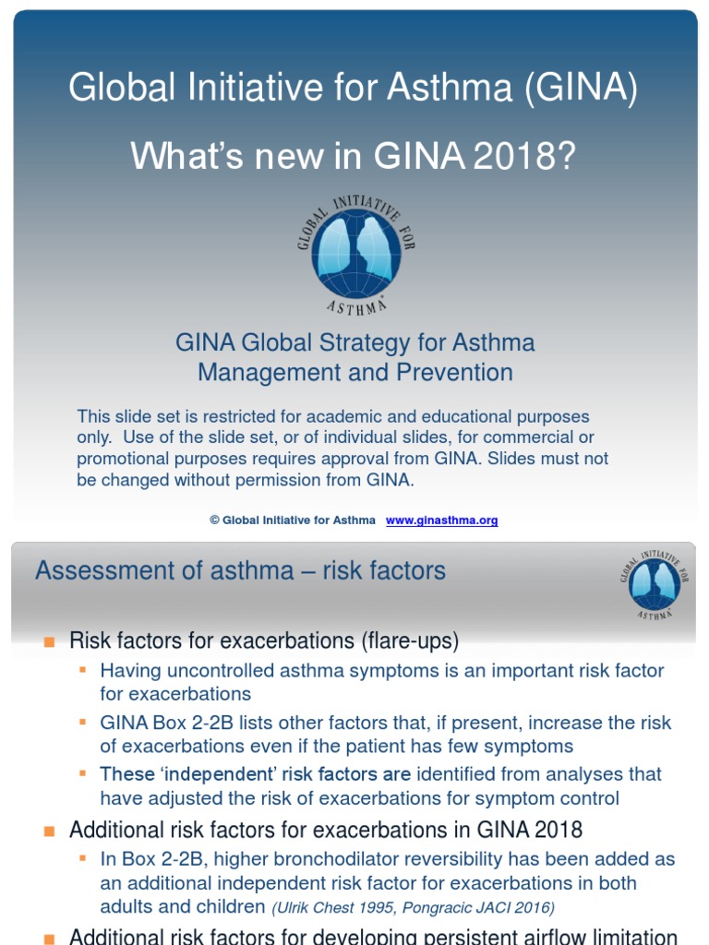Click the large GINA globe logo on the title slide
pyautogui.click(x=355, y=251)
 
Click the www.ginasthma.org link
pyautogui.click(x=441, y=520)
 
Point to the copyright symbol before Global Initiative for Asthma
pyautogui.click(x=214, y=520)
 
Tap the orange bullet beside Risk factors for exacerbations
pyautogui.click(x=50, y=641)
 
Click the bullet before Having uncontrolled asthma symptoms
pyautogui.click(x=83, y=669)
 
